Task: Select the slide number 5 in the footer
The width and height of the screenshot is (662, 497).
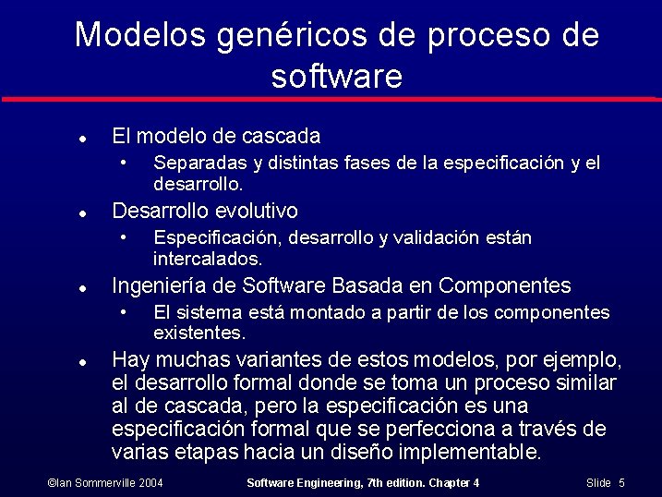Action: tap(621, 483)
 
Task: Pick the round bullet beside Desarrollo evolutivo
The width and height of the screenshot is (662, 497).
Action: tap(82, 212)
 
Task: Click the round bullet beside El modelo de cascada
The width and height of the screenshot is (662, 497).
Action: tap(82, 138)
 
